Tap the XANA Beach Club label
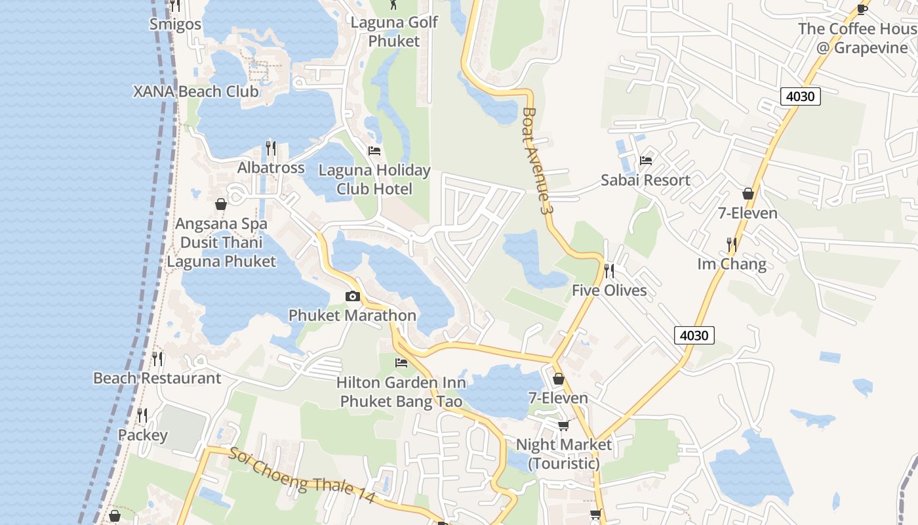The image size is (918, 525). tap(196, 91)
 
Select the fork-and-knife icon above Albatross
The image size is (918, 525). tap(271, 148)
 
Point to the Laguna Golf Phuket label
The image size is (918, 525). tap(393, 31)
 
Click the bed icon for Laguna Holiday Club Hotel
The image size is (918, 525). tap(374, 151)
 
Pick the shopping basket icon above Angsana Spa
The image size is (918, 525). tap(221, 204)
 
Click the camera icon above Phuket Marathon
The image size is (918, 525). tap(353, 297)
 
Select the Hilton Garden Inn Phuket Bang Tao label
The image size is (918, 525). tap(401, 392)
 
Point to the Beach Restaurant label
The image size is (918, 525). tap(157, 378)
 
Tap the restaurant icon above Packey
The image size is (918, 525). tap(142, 415)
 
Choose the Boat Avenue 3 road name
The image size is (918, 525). tap(535, 161)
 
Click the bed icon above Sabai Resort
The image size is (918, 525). tap(646, 160)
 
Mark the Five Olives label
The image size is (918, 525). tap(609, 290)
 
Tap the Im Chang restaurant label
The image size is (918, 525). tap(732, 264)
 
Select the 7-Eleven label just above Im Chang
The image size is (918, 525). tap(748, 213)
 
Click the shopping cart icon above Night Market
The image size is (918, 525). tap(563, 426)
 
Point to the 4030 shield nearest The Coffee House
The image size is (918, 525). tap(801, 96)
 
